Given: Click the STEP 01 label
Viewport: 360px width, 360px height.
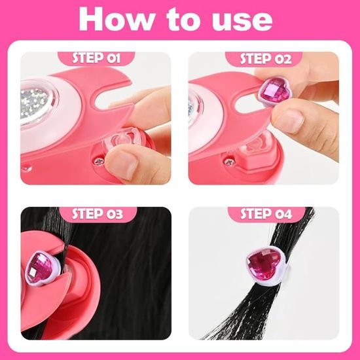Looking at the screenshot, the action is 96,58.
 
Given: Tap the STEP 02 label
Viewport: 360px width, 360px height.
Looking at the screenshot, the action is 266,59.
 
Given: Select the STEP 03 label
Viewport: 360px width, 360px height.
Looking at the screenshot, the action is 98,214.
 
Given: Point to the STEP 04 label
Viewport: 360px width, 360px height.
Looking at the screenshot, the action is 266,214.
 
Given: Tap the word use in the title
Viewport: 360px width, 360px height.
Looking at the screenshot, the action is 242,21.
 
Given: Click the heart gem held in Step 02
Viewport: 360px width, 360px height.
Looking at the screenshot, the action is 275,90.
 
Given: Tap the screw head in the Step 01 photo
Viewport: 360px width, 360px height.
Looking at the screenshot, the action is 99,161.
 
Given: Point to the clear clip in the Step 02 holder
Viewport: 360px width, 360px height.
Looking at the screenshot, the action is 257,143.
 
